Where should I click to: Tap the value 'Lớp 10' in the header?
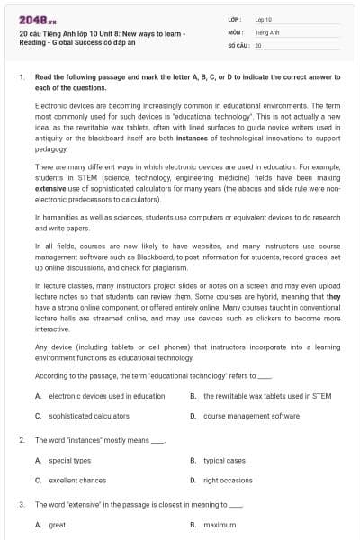coord(265,18)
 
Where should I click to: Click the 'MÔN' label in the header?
coord(234,31)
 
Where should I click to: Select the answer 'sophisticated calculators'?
coord(88,416)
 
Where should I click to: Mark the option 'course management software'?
coord(251,416)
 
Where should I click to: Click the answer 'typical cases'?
coord(224,460)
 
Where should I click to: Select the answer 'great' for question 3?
coord(57,524)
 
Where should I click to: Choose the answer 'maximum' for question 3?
coord(220,524)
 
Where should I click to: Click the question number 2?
coord(21,440)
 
